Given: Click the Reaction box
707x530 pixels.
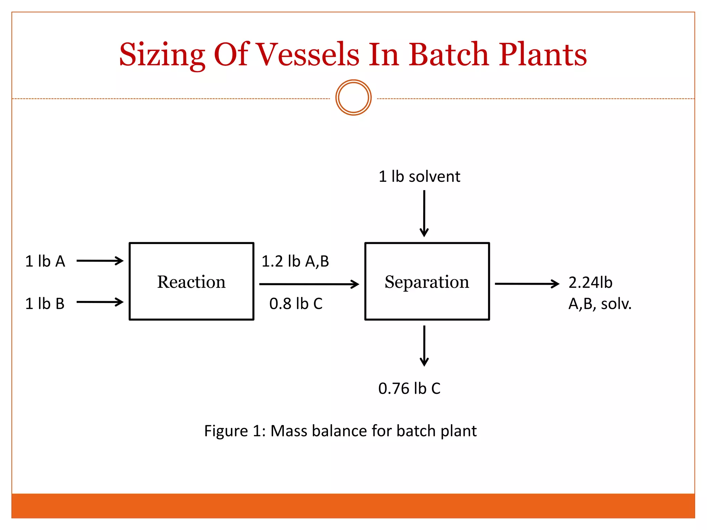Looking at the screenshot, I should (x=191, y=282).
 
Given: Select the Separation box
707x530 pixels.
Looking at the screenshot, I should (x=427, y=282).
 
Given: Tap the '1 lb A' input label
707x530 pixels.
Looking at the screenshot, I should (x=45, y=261).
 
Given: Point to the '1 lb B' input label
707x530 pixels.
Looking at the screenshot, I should (x=45, y=304).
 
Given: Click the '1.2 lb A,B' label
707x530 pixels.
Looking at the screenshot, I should (x=295, y=261).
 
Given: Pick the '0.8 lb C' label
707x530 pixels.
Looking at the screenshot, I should (x=296, y=304).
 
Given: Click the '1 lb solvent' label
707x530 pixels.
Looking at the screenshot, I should (x=419, y=177).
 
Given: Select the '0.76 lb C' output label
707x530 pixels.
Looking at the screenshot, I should (x=409, y=389).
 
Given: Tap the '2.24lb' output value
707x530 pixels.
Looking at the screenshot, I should (x=590, y=283).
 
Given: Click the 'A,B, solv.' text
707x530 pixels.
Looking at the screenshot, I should (x=600, y=304).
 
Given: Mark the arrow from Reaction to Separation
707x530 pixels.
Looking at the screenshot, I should (x=309, y=284).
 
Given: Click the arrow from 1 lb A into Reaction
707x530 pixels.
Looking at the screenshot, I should (x=100, y=261).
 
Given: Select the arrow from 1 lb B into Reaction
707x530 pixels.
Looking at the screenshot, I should (x=100, y=302).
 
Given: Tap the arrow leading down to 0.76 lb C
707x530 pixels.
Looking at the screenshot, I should (x=424, y=345).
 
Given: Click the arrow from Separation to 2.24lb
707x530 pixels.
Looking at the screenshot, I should (x=527, y=284).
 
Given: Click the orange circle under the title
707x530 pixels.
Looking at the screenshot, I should (x=353, y=98).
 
